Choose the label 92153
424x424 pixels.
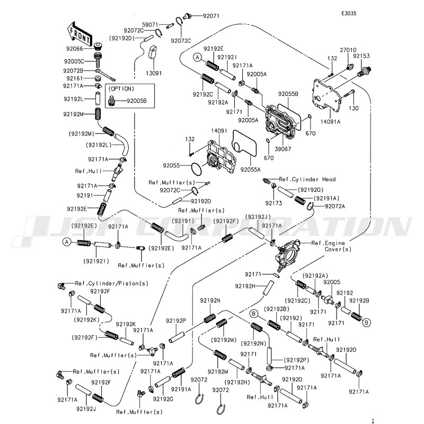361,56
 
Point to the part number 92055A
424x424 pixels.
251,170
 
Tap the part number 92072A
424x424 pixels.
335,206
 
